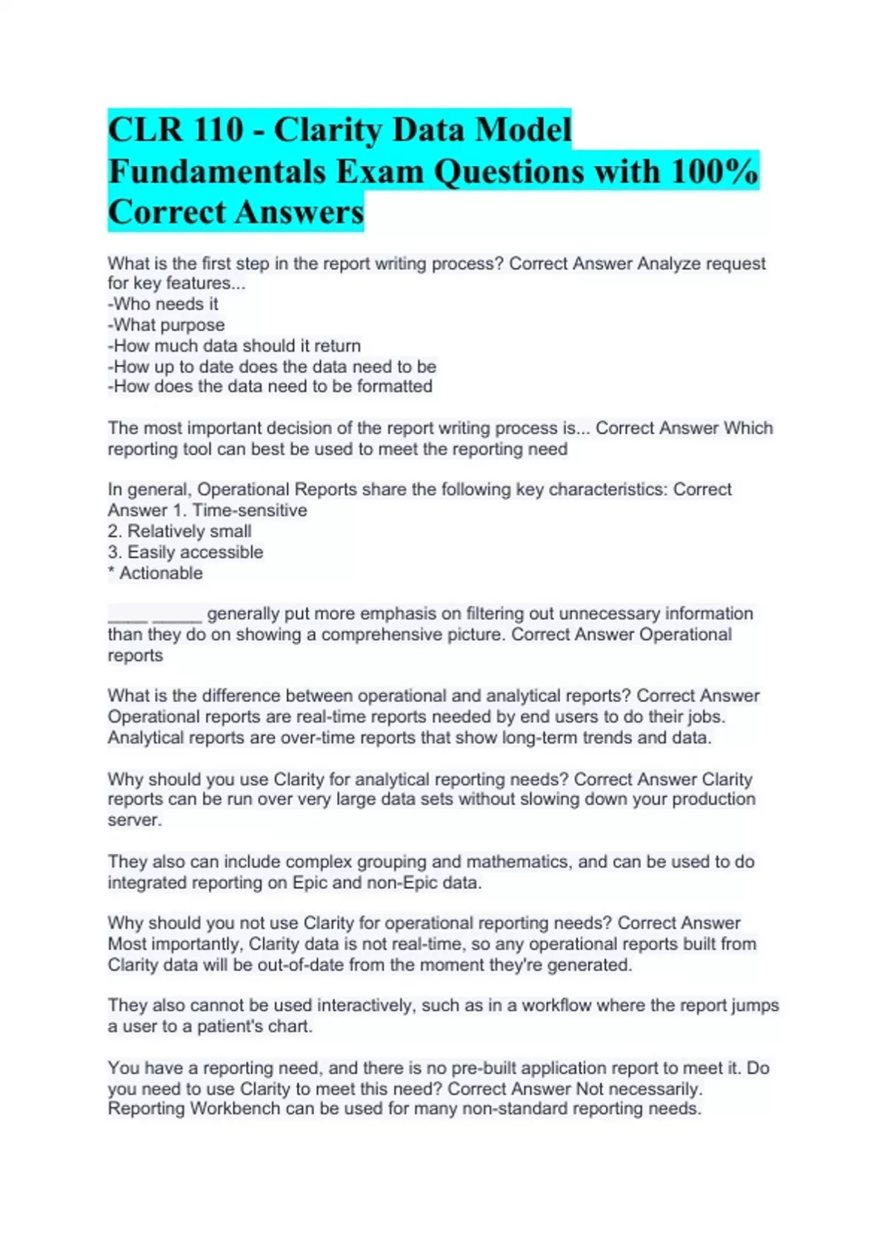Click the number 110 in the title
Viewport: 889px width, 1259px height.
[x=219, y=130]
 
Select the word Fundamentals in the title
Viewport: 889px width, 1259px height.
[x=217, y=172]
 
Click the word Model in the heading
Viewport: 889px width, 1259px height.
[x=523, y=130]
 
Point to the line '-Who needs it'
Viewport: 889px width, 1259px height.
[x=163, y=304]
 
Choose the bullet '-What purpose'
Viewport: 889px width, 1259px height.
[x=166, y=324]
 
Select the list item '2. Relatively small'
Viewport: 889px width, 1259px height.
[x=179, y=531]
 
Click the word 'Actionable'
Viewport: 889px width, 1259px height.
[x=161, y=572]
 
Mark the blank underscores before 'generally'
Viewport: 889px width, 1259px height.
[x=154, y=614]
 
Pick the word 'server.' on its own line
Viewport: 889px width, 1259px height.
[x=134, y=820]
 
